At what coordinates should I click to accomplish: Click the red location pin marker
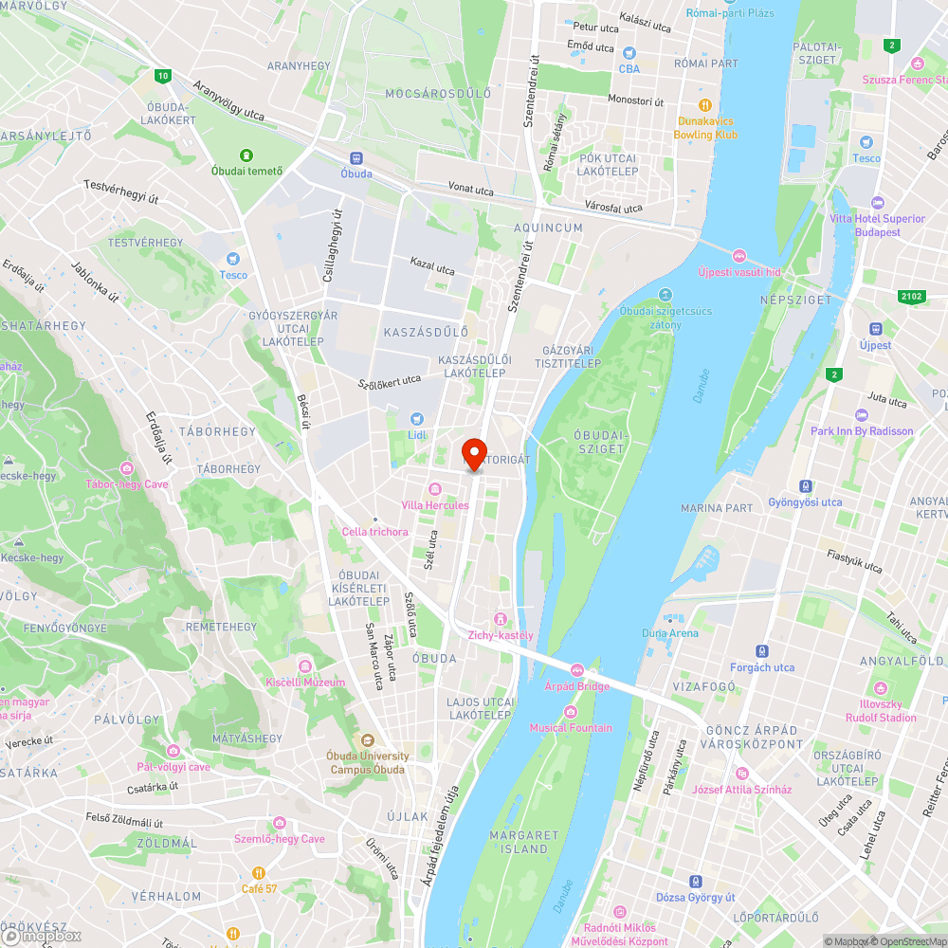tap(474, 453)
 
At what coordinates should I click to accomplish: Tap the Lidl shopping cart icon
tap(415, 419)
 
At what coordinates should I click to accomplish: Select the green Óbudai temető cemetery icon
tap(246, 155)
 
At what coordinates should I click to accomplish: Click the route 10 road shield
tap(164, 75)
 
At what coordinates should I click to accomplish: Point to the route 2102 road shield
tap(911, 297)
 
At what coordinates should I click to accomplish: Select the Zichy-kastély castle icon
tap(501, 618)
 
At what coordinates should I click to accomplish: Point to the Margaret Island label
tap(519, 842)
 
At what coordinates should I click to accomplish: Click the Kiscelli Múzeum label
tap(305, 682)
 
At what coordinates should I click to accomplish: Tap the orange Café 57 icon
tap(258, 872)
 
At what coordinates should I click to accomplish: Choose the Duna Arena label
tap(669, 633)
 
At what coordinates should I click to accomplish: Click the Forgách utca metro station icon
tap(762, 651)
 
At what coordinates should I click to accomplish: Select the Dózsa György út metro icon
tap(696, 881)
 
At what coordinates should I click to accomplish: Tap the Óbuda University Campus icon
tap(368, 739)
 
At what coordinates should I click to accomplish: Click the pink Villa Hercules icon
tap(435, 488)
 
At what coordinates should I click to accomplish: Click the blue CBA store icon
tap(629, 52)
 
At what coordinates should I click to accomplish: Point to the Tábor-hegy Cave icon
tap(127, 467)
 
